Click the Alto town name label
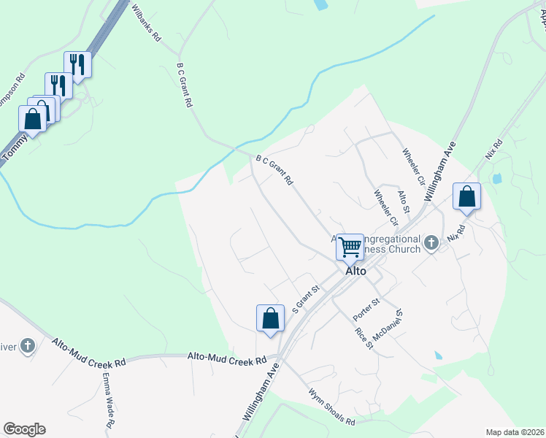(x=355, y=270)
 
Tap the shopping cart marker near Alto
(x=350, y=246)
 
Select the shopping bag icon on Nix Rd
(x=466, y=196)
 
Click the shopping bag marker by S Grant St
(x=270, y=318)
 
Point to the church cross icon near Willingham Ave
(x=431, y=242)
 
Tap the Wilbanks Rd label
(x=145, y=23)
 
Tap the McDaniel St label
(x=390, y=323)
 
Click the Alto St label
(x=404, y=199)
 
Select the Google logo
(x=24, y=429)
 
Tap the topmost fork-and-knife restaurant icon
(x=77, y=64)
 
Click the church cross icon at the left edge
(x=28, y=345)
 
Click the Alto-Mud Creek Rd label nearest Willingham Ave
(x=227, y=358)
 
